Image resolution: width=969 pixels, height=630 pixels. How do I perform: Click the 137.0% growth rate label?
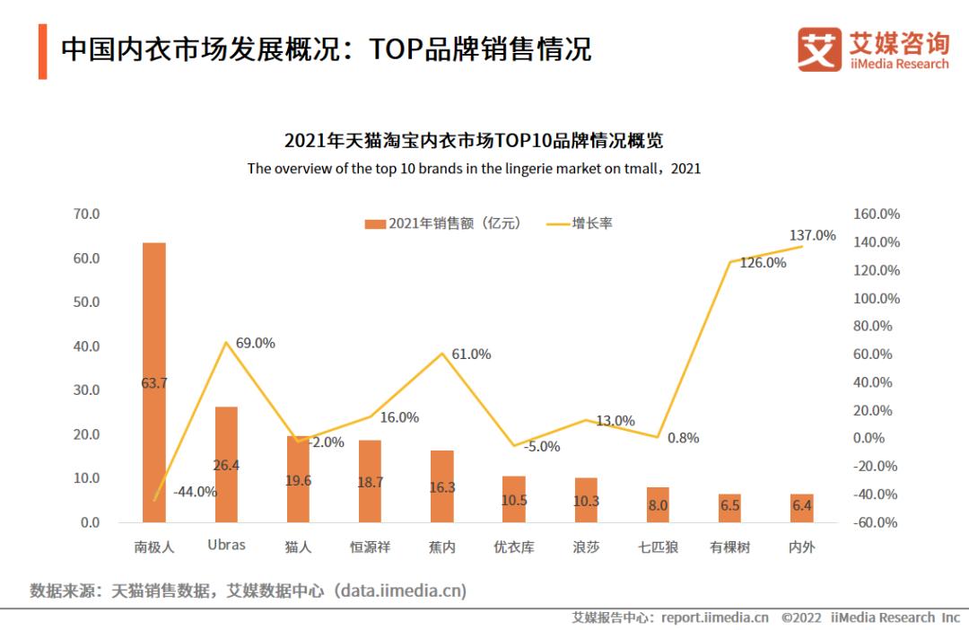[812, 235]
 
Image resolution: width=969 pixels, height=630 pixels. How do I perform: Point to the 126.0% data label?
[763, 263]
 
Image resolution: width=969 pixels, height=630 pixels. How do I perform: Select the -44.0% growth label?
[194, 491]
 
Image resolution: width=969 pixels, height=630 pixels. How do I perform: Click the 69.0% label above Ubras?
[255, 343]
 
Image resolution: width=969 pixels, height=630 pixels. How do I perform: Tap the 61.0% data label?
[471, 354]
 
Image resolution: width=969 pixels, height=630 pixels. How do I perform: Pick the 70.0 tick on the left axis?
[86, 214]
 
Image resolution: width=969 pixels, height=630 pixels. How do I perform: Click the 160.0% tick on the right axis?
[877, 214]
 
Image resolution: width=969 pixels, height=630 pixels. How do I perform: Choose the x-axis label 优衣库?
[514, 547]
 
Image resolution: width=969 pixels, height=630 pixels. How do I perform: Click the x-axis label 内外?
[801, 547]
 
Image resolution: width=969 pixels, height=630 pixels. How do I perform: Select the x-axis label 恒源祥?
[370, 547]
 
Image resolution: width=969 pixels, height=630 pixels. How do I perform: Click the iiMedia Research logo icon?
[819, 48]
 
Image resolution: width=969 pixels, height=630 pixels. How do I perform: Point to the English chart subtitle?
[474, 168]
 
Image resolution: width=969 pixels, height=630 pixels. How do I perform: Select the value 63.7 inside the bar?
[154, 383]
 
